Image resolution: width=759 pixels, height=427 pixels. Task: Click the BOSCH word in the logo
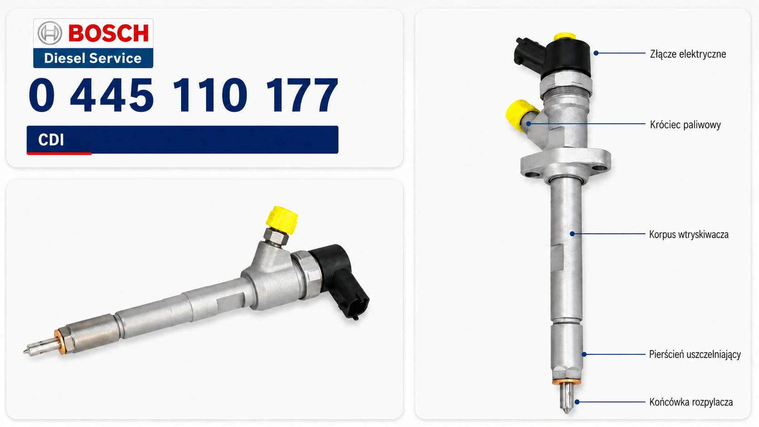[108, 33]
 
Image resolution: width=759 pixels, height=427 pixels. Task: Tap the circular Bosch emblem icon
[50, 33]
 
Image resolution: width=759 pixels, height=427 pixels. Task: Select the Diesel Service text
[93, 58]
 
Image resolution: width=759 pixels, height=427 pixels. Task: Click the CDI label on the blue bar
[51, 139]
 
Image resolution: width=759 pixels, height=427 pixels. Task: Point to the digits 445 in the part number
[112, 95]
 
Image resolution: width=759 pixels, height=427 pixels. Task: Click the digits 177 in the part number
[301, 95]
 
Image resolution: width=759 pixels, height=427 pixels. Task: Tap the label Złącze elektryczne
[688, 54]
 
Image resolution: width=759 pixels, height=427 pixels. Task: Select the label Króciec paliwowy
[685, 125]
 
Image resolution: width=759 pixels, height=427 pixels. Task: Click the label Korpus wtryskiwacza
[689, 234]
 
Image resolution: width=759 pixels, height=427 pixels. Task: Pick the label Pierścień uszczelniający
[695, 354]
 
